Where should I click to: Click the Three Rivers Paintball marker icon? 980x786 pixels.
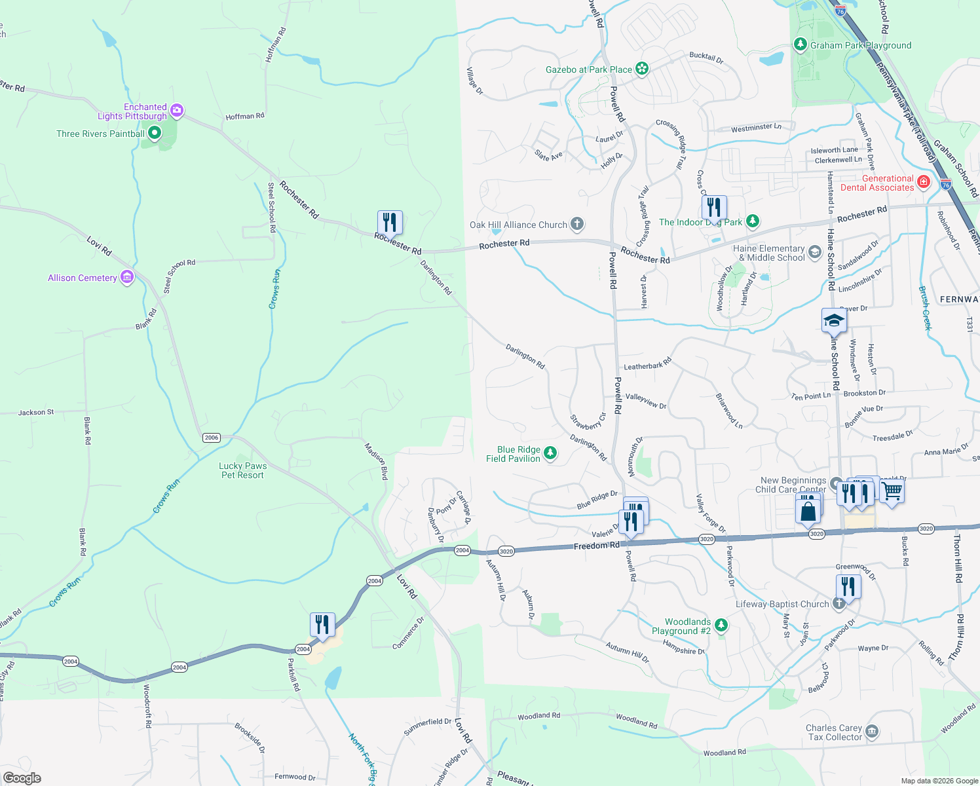point(155,134)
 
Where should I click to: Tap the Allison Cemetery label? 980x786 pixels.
point(83,278)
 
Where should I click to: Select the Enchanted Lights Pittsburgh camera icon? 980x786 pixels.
point(176,111)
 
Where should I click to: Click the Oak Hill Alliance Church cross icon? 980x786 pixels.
point(576,225)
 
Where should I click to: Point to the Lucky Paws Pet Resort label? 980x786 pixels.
point(242,470)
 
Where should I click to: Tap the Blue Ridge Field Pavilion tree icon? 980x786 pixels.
point(550,453)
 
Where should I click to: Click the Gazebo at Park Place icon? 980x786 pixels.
point(642,69)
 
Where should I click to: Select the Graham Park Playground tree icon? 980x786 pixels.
point(800,45)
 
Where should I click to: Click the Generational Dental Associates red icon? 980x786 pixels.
point(924,182)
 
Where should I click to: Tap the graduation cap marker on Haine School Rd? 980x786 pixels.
point(834,321)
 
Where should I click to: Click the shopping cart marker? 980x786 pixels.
point(892,491)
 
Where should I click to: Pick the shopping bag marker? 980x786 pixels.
point(808,510)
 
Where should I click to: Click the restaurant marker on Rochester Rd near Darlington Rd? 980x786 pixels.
point(390,222)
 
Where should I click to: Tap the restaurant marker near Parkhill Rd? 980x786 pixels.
point(322,624)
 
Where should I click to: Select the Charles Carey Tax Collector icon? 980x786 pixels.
point(872,731)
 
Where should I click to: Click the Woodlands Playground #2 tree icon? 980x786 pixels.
point(721,626)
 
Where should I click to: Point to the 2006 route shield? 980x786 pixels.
point(211,438)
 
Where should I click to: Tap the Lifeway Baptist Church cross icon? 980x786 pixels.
point(839,604)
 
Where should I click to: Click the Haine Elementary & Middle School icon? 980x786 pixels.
point(815,252)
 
